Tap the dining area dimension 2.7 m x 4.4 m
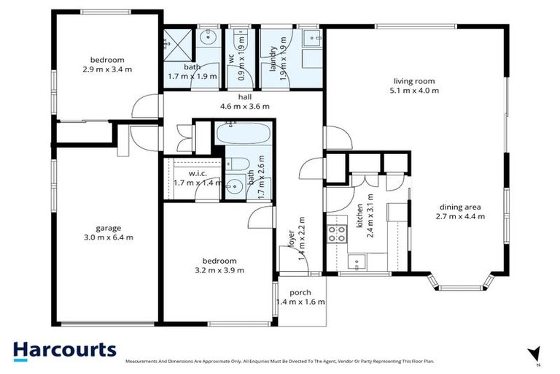pyautogui.click(x=460, y=216)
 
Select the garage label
pyautogui.click(x=107, y=227)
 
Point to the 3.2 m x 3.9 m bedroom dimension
pyautogui.click(x=219, y=270)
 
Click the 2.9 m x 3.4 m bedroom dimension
pyautogui.click(x=107, y=70)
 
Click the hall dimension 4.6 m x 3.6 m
pyautogui.click(x=244, y=106)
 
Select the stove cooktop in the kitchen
pyautogui.click(x=336, y=233)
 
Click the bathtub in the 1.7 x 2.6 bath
pyautogui.click(x=241, y=135)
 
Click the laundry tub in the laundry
pyautogui.click(x=309, y=40)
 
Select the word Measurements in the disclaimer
pyautogui.click(x=144, y=362)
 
